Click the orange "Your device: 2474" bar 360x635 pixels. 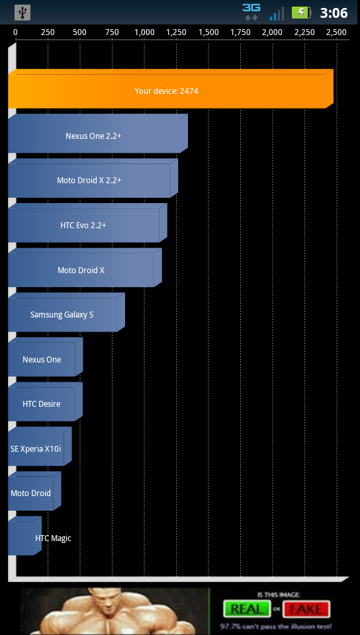click(x=171, y=89)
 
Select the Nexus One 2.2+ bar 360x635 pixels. click(x=98, y=134)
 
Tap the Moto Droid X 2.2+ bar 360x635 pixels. click(x=93, y=178)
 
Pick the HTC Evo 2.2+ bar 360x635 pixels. click(x=87, y=223)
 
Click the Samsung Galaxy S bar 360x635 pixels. click(x=66, y=312)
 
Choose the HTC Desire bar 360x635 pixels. click(x=46, y=402)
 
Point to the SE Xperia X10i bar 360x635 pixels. click(x=40, y=446)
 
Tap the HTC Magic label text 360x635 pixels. click(x=53, y=538)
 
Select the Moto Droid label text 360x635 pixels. click(x=31, y=493)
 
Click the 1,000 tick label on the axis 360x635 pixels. click(x=144, y=32)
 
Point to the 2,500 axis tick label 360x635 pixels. click(x=337, y=32)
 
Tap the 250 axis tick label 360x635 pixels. click(x=48, y=32)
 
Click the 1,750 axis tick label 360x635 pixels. click(x=240, y=32)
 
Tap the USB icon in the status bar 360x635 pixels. click(x=22, y=13)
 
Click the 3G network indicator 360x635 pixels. click(x=251, y=12)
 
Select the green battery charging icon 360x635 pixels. click(x=301, y=13)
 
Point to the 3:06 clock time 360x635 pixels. click(x=334, y=13)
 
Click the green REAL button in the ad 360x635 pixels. click(x=247, y=609)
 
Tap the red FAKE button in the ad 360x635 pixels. click(x=306, y=609)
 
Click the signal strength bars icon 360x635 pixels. click(x=277, y=13)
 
